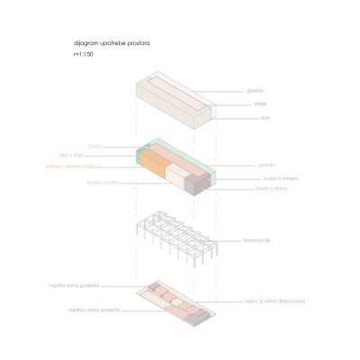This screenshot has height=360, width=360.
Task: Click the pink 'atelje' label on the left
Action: coord(94,145)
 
